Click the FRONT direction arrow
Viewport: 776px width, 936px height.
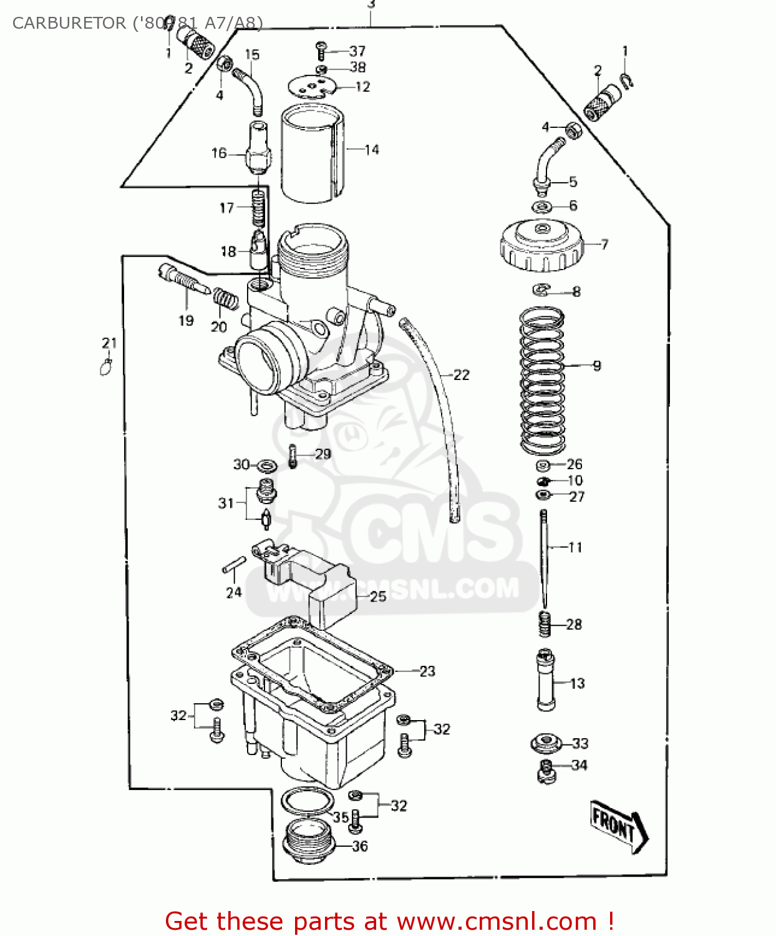click(x=618, y=825)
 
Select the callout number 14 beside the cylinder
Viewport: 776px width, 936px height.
click(x=372, y=149)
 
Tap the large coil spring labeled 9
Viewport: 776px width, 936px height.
click(x=541, y=381)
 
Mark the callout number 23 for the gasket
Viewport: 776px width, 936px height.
click(x=427, y=671)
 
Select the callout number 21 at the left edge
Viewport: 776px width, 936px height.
click(x=109, y=343)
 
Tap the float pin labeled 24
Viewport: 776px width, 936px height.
click(x=234, y=564)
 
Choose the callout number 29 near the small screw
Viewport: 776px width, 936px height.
click(x=323, y=454)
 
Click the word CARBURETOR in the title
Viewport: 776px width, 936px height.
click(x=69, y=23)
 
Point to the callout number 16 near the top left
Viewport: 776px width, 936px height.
click(x=219, y=153)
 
